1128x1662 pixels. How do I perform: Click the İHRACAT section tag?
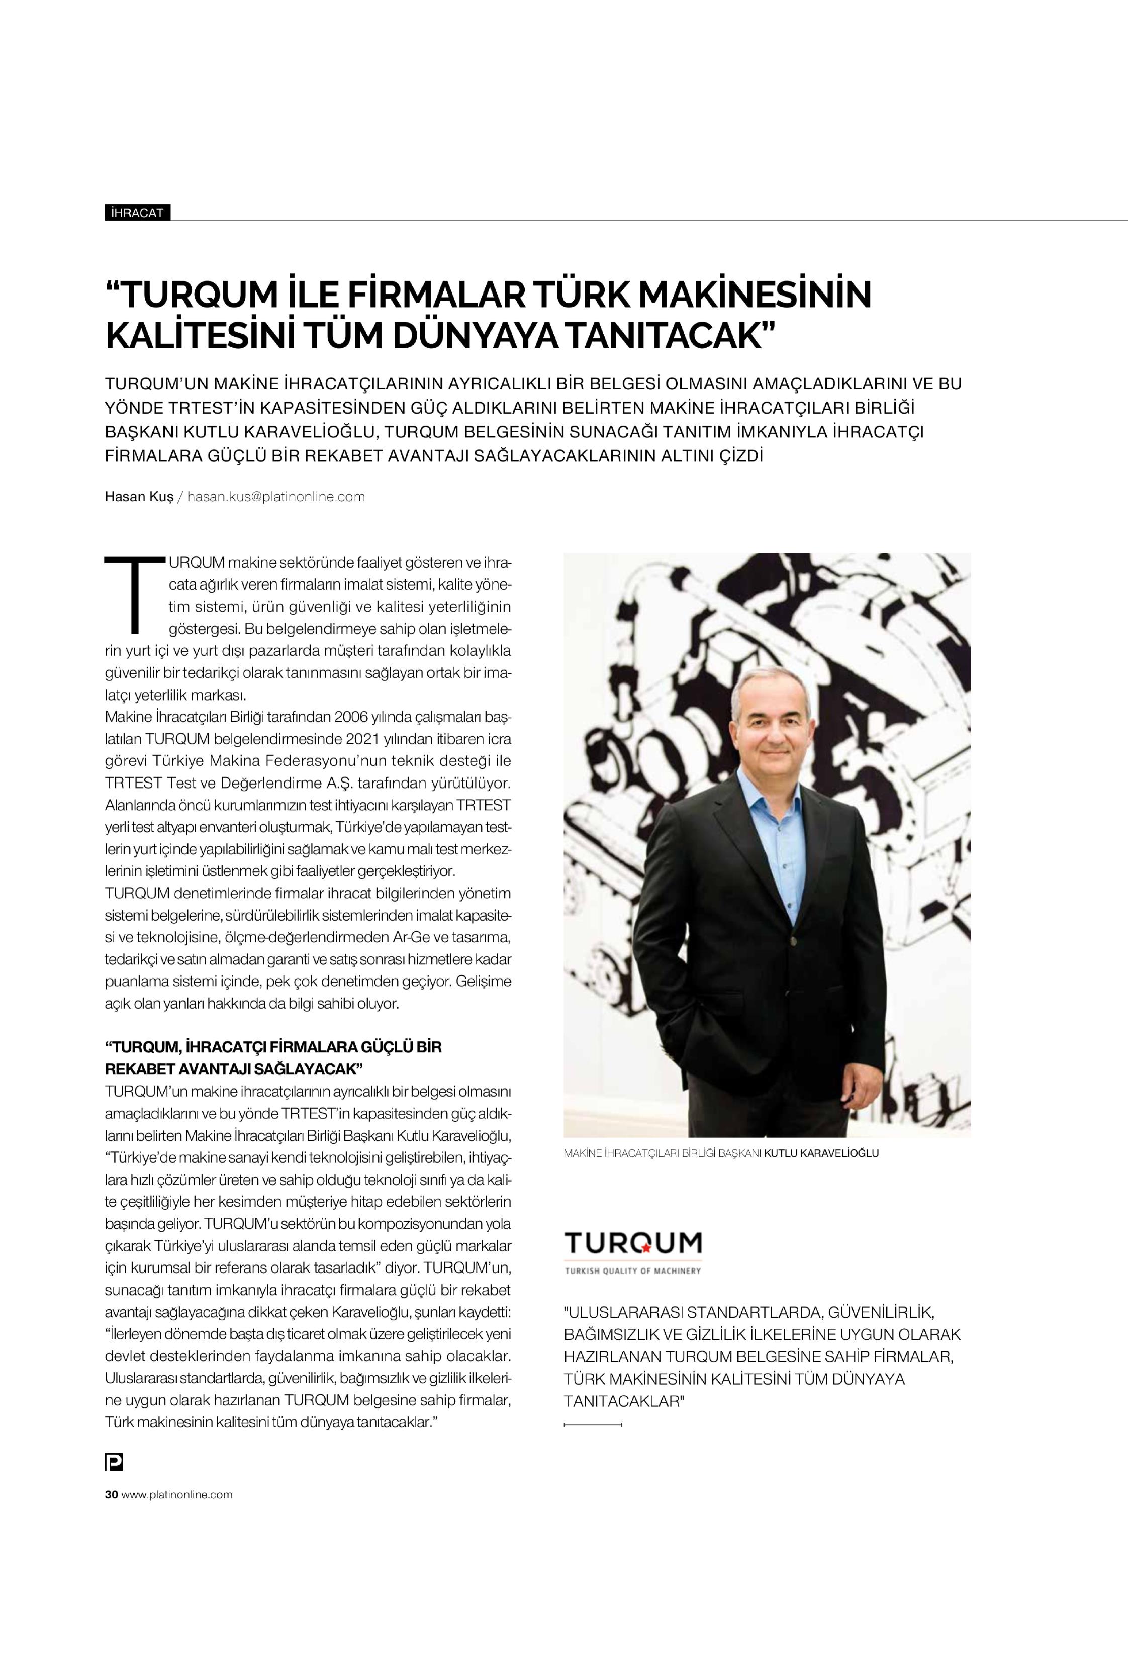coord(137,213)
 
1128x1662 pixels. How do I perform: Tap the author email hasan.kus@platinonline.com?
coord(276,497)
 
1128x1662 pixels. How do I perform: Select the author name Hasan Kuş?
coord(139,497)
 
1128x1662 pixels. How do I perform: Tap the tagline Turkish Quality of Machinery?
coord(632,1271)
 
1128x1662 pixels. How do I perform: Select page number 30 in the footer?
coord(111,1494)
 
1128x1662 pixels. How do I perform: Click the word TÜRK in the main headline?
coord(558,295)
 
